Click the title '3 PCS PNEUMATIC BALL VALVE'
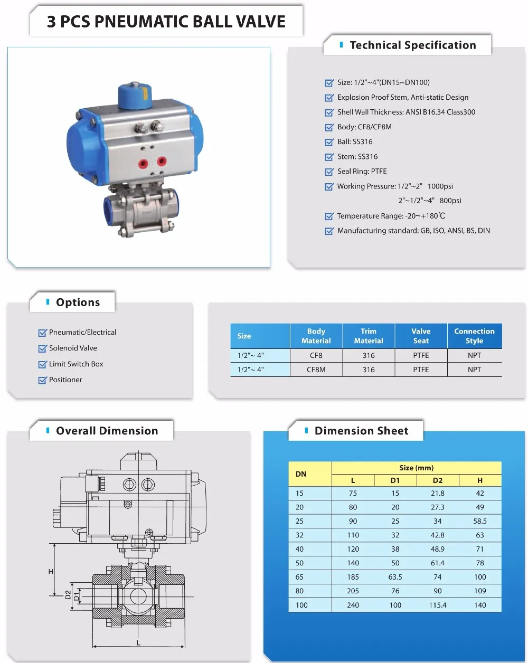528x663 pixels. [166, 22]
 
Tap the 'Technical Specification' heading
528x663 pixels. [412, 45]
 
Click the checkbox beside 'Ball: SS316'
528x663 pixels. [329, 142]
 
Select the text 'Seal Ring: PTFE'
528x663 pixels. [362, 172]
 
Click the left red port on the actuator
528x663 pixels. [143, 163]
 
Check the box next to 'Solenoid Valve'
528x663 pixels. [43, 349]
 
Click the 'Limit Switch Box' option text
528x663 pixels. [76, 364]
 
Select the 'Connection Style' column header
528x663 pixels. [474, 336]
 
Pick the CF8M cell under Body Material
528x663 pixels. [316, 370]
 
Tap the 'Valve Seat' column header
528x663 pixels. [421, 336]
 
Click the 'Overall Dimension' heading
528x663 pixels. [107, 431]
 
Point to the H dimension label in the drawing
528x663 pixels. [51, 572]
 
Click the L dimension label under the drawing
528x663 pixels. [139, 643]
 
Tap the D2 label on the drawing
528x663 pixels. [68, 595]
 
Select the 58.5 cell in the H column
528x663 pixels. [479, 522]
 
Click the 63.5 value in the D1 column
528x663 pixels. [395, 577]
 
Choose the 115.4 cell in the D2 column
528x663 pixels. [437, 605]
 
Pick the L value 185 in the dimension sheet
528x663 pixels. [353, 577]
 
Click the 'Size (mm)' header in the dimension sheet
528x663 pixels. [416, 468]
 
